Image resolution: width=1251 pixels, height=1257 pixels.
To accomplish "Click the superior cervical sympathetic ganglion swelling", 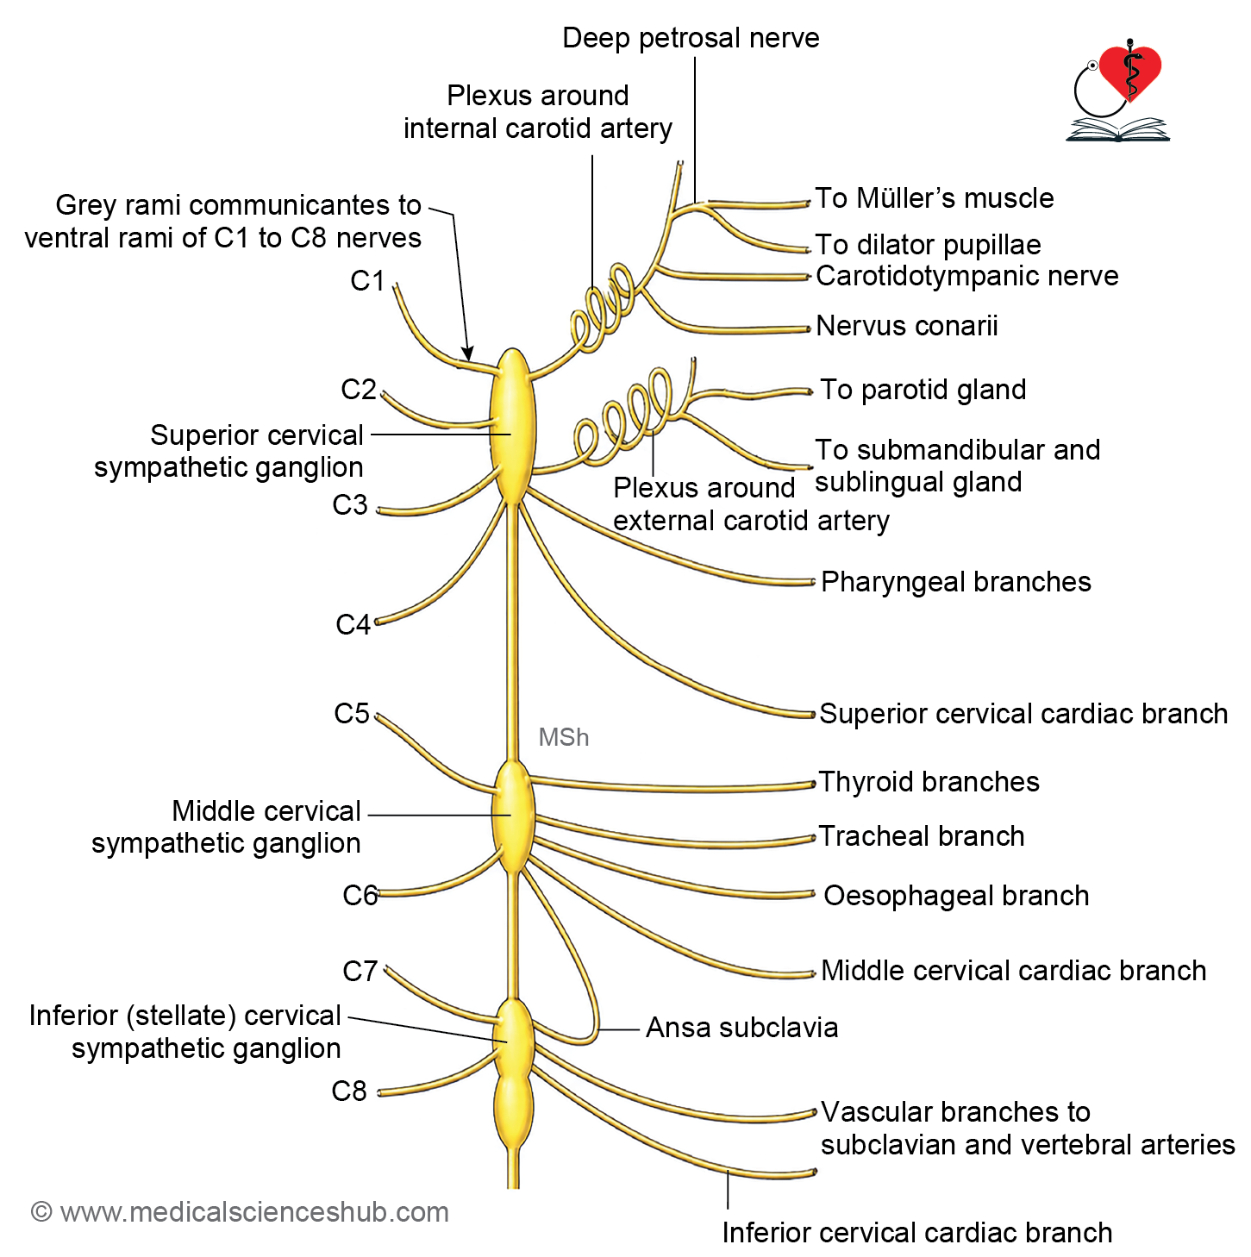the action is pos(513,425).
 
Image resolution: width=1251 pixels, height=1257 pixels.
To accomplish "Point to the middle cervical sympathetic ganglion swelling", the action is pos(514,816).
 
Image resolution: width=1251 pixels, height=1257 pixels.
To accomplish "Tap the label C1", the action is pos(367,281).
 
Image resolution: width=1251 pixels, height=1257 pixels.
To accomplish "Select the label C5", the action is pos(352,714).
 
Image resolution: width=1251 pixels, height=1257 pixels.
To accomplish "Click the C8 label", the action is pos(349,1091).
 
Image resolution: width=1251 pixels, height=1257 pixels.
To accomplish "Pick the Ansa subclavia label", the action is pos(741,1028).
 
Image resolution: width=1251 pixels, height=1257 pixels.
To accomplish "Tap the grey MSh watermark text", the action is pos(563,737).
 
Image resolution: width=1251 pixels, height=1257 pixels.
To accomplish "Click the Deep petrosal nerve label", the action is pos(691,38).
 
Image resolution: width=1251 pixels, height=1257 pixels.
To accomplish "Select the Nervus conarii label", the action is pos(906,326).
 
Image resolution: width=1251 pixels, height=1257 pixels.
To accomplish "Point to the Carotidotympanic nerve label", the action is pos(966,276).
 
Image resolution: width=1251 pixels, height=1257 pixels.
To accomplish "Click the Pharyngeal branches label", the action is pos(955,582).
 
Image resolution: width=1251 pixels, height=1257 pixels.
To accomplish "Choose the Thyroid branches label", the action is pos(929,781).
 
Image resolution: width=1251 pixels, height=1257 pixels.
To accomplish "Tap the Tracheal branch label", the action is pos(922,836).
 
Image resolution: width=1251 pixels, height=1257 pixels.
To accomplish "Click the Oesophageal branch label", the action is pos(956,896).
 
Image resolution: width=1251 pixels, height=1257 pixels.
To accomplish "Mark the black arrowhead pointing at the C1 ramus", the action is pos(468,353).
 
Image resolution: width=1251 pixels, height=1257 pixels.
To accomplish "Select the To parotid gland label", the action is pos(923,390).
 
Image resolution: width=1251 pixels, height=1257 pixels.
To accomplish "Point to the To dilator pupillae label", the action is pos(928,245).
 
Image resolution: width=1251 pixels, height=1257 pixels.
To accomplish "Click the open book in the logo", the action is pos(1117,129).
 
